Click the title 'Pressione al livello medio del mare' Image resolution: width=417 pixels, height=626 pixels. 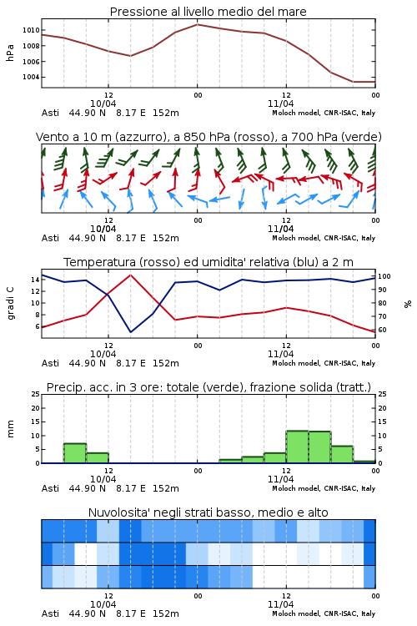point(208,12)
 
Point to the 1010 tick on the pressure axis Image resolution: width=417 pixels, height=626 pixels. point(31,30)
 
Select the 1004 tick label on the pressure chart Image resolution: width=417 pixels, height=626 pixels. point(31,77)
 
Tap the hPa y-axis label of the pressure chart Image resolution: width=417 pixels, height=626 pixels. point(10,53)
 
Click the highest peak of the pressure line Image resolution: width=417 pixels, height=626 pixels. point(197,24)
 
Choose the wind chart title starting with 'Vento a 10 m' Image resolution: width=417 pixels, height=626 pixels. point(208,137)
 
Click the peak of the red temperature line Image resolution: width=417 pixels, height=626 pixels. point(130,275)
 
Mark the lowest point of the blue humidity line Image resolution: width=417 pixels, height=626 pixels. point(130,331)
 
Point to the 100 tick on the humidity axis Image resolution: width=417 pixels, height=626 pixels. point(384,276)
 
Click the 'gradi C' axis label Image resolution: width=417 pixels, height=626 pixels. point(10,303)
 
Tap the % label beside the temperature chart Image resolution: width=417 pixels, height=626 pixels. point(408,304)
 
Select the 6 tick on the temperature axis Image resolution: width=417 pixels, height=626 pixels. point(37,326)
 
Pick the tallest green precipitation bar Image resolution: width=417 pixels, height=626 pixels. point(297,447)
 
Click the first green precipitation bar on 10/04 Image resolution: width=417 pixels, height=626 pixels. point(75,453)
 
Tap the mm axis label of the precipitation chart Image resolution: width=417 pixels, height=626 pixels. point(10,429)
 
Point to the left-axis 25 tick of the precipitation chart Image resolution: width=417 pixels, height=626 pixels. point(36,394)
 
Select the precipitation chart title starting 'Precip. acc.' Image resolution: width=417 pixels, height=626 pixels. point(208,387)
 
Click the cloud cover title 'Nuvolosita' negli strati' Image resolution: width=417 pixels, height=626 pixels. point(208,512)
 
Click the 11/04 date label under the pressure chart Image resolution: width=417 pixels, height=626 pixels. point(280,103)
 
